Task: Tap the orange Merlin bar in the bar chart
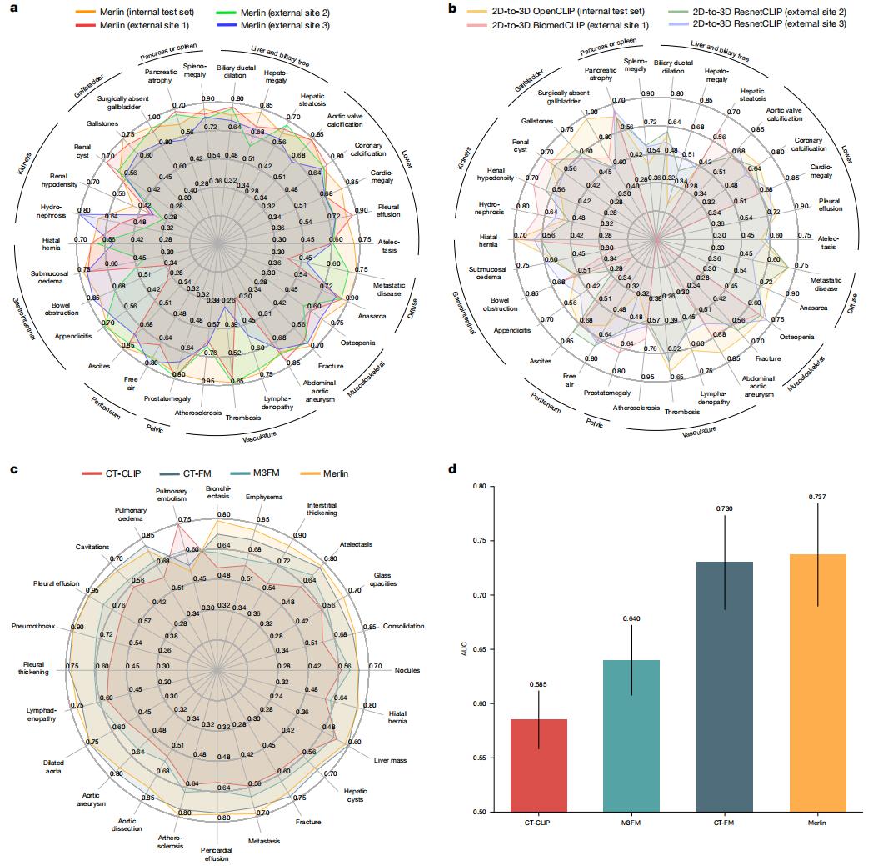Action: coord(819,683)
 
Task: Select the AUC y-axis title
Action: coord(466,649)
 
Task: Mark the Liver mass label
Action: coord(391,760)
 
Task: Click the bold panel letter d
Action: coord(453,469)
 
